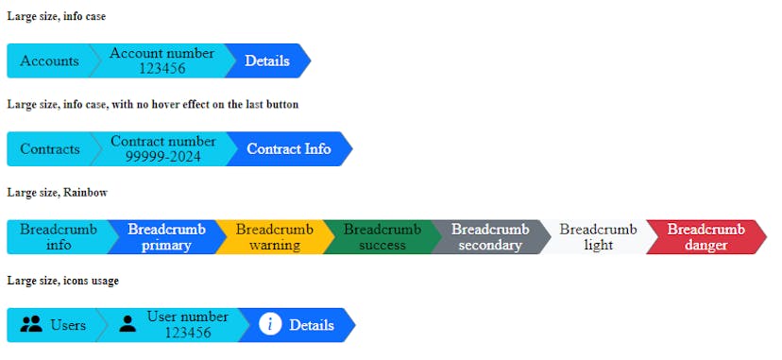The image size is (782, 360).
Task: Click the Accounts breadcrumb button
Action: (50, 60)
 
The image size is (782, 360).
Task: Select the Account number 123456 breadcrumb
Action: (161, 60)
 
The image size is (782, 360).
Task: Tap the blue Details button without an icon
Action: (267, 60)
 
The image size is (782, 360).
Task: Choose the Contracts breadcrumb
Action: (50, 148)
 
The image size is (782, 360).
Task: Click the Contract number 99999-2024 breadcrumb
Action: (162, 148)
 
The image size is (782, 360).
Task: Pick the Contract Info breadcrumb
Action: (289, 148)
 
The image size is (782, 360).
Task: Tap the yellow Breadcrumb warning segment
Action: (274, 237)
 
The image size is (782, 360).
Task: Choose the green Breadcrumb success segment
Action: (382, 237)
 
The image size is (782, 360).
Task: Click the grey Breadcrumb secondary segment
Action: (489, 237)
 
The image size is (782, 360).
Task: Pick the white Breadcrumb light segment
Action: (598, 237)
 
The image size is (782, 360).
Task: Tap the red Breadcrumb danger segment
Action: (705, 237)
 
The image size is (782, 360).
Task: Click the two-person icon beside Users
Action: (31, 325)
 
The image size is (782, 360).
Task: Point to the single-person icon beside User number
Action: (127, 325)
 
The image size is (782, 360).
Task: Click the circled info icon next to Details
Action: (270, 325)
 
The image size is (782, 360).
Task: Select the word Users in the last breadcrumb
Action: (68, 325)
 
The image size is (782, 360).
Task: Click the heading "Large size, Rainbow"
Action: (57, 193)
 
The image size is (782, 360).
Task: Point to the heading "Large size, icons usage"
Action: (62, 281)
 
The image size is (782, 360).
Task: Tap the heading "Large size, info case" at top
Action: (57, 16)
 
